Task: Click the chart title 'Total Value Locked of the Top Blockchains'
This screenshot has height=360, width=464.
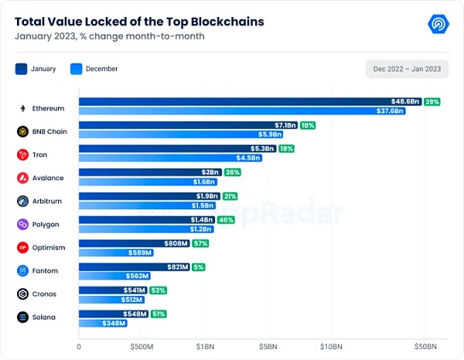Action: tap(139, 22)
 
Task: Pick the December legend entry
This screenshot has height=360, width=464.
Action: tap(94, 69)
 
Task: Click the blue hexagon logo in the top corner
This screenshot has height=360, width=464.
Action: tap(439, 23)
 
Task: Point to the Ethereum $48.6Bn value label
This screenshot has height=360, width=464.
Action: tap(405, 102)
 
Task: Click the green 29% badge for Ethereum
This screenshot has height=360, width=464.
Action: tap(432, 102)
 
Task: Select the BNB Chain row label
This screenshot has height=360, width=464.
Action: tap(50, 131)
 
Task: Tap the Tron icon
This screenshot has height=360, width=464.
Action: tap(22, 155)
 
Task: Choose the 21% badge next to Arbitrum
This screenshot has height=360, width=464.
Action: tap(230, 195)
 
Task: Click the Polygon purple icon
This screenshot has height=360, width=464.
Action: tap(22, 224)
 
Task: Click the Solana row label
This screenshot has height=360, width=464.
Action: tap(44, 317)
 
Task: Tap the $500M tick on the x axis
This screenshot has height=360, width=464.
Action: tap(142, 347)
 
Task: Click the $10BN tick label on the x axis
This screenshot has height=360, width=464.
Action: tap(331, 347)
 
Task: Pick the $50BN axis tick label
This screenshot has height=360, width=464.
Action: tap(425, 347)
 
